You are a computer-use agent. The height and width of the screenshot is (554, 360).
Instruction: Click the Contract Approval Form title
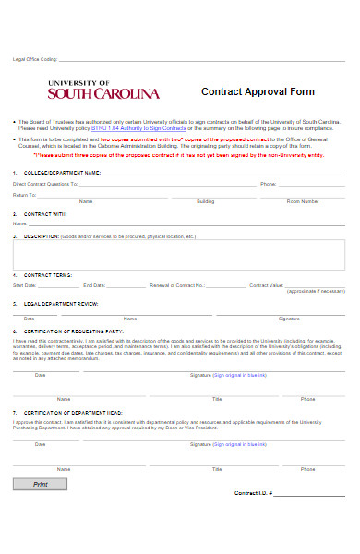258,92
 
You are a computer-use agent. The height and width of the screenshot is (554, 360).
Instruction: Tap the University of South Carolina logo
102,90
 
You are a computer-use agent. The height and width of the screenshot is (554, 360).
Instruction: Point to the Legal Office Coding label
36,58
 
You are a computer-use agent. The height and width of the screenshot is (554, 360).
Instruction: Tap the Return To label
25,195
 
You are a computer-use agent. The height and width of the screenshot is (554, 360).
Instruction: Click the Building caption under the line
206,201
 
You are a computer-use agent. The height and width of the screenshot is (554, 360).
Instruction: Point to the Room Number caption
303,201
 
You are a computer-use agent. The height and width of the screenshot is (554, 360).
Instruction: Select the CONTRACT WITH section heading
45,213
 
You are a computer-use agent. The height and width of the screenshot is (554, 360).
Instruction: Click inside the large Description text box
179,254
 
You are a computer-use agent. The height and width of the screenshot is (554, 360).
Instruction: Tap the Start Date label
25,285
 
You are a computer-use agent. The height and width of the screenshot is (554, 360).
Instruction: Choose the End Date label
94,285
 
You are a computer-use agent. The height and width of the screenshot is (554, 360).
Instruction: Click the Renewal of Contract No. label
176,285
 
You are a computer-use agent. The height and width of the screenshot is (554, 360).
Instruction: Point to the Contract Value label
266,285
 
